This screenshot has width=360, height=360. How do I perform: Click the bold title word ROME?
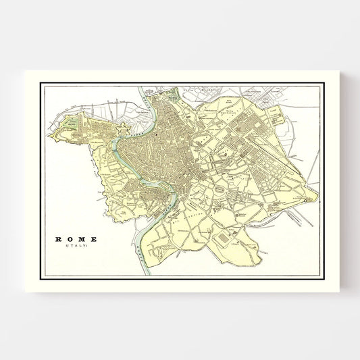click(x=76, y=239)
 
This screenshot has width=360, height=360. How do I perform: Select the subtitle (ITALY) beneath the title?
click(x=76, y=247)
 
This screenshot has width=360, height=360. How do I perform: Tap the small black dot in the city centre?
click(x=155, y=135)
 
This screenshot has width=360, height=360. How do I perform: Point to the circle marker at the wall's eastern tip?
click(x=317, y=199)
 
